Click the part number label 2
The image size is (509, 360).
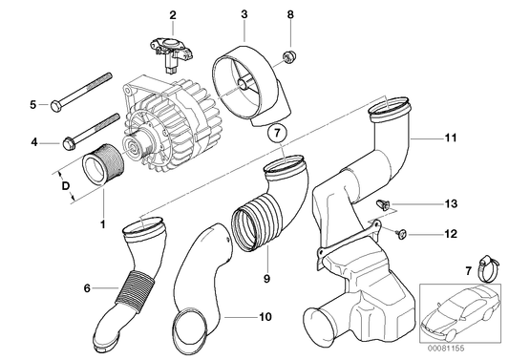click(x=173, y=15)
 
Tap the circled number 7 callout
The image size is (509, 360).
click(x=277, y=133)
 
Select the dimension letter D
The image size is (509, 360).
click(x=66, y=186)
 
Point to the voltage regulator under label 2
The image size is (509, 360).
click(x=172, y=53)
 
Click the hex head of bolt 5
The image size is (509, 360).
click(x=55, y=106)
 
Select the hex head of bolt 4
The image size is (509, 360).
click(x=69, y=143)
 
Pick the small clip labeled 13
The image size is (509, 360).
click(x=382, y=205)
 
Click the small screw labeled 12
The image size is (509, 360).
click(x=401, y=233)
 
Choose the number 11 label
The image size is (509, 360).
click(x=451, y=138)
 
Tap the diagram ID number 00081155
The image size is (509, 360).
click(x=447, y=349)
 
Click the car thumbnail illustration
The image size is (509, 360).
click(x=460, y=311)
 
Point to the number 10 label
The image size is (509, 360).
click(x=265, y=317)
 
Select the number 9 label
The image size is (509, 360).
click(x=266, y=279)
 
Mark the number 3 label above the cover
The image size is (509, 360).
click(x=244, y=14)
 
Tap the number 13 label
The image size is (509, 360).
click(x=451, y=203)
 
